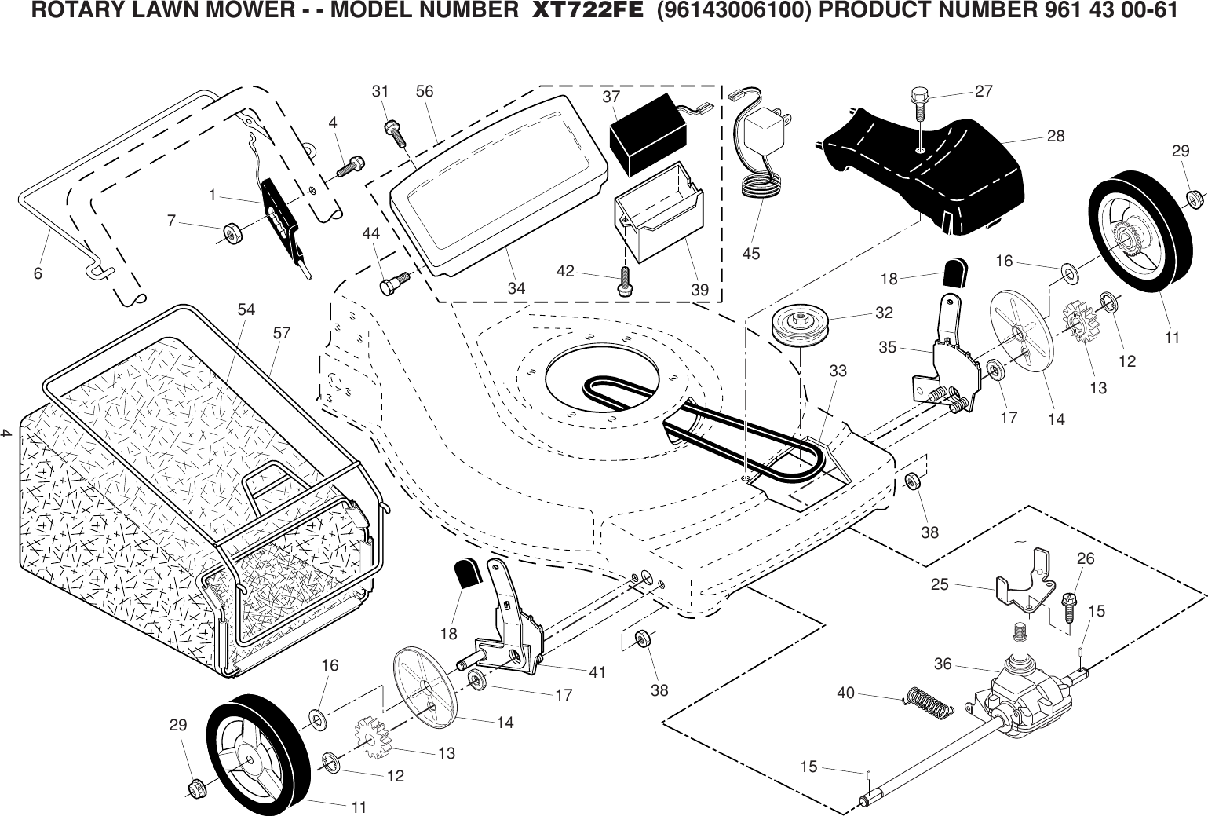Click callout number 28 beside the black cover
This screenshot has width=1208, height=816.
[x=1056, y=136]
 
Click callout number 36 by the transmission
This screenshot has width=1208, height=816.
[x=943, y=664]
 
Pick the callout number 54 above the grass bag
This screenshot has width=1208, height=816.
[x=246, y=309]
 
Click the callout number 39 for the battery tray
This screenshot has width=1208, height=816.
[x=699, y=290]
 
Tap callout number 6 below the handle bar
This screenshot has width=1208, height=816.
[x=37, y=275]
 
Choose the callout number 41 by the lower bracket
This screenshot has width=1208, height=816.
[x=597, y=671]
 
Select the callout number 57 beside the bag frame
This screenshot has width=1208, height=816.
[x=282, y=333]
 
